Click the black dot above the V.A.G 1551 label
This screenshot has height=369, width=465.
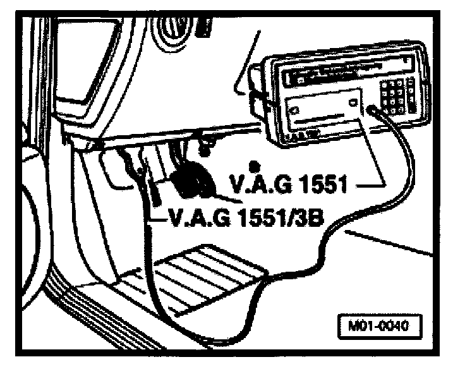coord(253,165)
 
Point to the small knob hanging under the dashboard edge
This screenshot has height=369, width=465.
coord(204,150)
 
